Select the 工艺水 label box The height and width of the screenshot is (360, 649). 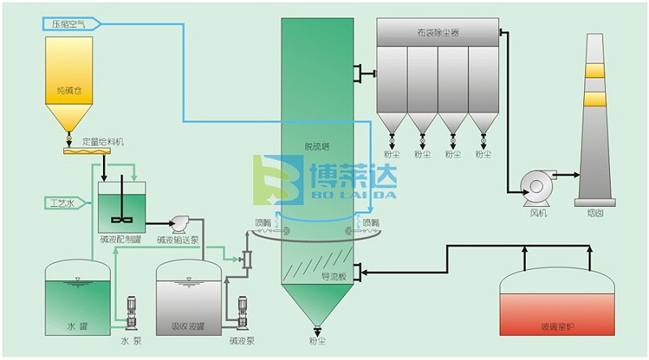coord(61,203)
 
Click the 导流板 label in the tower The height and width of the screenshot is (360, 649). coord(333,276)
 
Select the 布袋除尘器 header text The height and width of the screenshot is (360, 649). coord(437,33)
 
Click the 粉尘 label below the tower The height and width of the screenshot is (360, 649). coord(316,343)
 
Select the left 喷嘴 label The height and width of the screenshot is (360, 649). coord(264,221)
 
